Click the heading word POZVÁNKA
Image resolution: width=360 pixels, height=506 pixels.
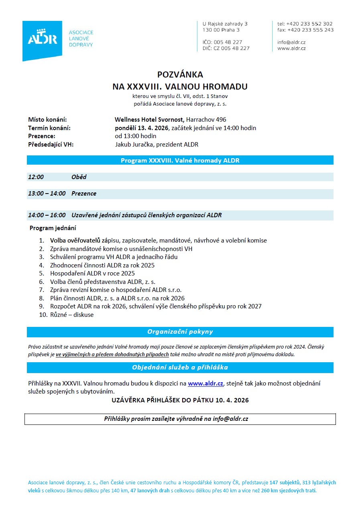180,74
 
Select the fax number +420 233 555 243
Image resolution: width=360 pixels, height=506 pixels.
310,30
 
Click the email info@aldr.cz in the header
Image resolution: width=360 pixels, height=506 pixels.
291,42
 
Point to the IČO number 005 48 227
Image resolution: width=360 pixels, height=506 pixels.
228,42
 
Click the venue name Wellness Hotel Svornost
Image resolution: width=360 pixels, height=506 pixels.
150,120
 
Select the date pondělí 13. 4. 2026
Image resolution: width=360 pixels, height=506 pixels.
142,128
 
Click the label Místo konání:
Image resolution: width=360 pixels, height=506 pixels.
47,120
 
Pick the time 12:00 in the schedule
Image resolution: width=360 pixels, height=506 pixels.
36,177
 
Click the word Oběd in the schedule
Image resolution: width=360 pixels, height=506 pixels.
79,177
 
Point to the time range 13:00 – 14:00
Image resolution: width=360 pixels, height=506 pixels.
47,194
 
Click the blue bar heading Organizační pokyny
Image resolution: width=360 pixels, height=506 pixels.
180,332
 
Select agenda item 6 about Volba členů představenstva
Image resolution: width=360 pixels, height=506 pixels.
102,282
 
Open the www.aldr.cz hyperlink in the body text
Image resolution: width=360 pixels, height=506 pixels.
205,384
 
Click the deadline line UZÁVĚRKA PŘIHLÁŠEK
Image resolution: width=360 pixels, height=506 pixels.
180,400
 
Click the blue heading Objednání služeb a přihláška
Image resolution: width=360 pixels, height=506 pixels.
180,367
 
